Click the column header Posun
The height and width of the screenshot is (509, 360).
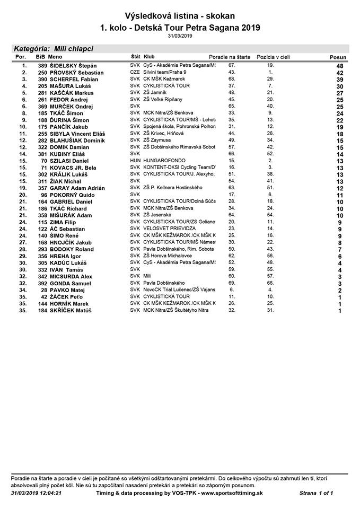338,57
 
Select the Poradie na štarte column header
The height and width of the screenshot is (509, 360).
230,56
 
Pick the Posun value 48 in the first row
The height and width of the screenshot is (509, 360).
339,66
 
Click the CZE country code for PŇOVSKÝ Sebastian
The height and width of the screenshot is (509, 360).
135,72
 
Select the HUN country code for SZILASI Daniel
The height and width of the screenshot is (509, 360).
135,160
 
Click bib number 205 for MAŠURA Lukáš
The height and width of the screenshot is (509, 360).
42,86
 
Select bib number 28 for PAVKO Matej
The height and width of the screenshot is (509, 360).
44,291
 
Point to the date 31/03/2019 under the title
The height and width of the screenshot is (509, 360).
180,36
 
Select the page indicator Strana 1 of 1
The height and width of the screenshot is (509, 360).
316,493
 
